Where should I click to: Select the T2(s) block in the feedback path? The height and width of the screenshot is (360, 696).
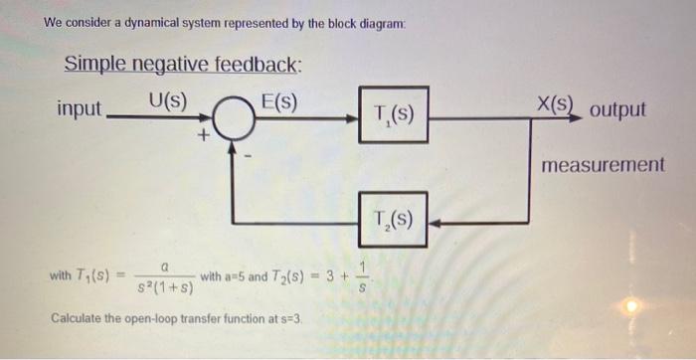(x=394, y=219)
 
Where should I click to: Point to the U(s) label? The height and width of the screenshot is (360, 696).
(x=168, y=100)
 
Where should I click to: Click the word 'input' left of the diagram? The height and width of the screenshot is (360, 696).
(x=80, y=108)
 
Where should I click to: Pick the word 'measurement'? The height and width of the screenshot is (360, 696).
(x=603, y=164)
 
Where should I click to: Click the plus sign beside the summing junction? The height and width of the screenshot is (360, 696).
(x=204, y=140)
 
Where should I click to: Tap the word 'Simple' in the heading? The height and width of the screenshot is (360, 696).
(x=93, y=65)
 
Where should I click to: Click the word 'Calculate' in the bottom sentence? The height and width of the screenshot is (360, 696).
(x=77, y=320)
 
